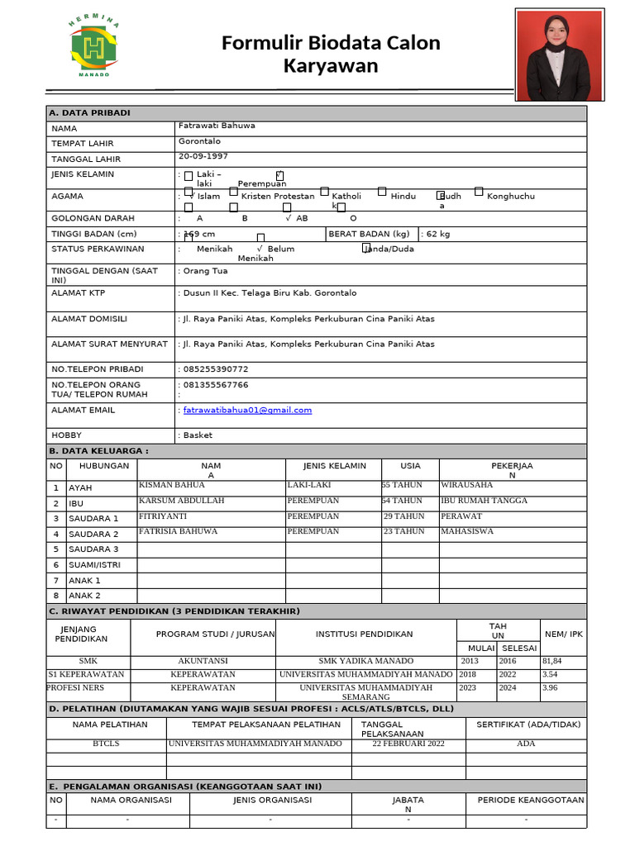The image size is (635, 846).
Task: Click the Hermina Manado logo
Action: click(x=93, y=49)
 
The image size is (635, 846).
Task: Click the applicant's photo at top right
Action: click(x=559, y=55)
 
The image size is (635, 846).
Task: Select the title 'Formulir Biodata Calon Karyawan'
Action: click(x=331, y=55)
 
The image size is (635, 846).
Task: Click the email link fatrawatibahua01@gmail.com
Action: click(x=247, y=411)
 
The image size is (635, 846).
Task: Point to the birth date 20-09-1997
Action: click(x=203, y=156)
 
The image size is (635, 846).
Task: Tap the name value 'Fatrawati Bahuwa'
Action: click(x=217, y=126)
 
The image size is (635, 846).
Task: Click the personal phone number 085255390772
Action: click(x=216, y=369)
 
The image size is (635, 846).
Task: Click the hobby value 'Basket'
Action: click(x=198, y=435)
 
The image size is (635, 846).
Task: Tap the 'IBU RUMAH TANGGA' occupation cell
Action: click(x=484, y=501)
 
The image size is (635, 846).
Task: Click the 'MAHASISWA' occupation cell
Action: click(x=466, y=531)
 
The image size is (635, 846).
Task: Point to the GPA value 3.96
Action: click(x=551, y=687)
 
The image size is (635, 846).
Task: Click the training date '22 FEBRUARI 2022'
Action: click(x=408, y=744)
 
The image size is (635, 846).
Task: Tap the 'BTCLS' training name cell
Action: click(x=106, y=744)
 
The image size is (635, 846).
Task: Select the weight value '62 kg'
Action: click(x=437, y=235)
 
